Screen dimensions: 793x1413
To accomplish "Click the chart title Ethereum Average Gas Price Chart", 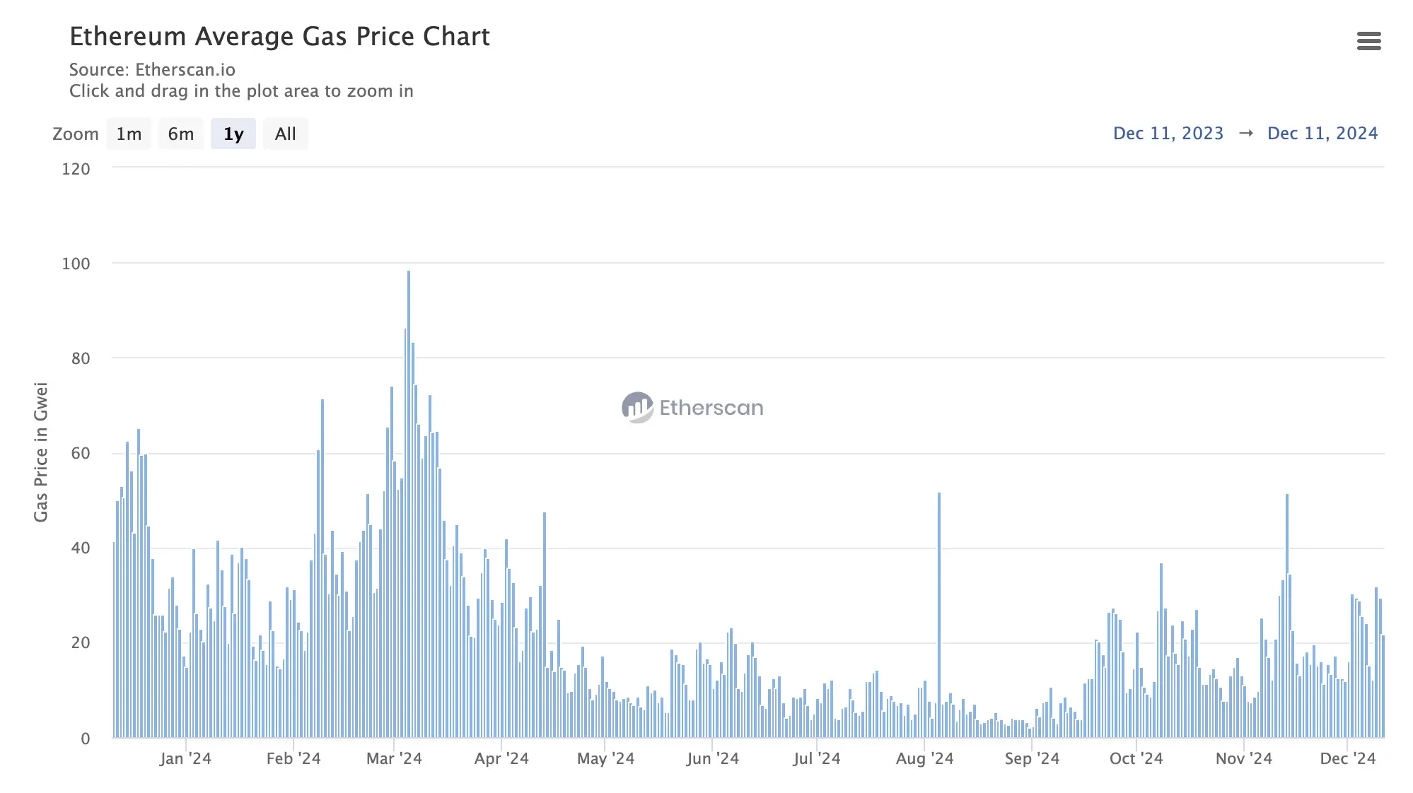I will [279, 37].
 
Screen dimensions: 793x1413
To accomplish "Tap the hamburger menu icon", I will [1368, 41].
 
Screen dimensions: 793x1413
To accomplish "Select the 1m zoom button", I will [129, 134].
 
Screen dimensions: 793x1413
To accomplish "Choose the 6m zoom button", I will [181, 134].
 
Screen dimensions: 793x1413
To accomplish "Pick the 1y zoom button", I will [233, 134].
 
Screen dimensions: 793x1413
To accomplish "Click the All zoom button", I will [286, 134].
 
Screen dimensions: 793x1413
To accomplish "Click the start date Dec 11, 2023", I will [1168, 134].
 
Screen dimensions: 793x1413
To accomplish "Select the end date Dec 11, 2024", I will [1322, 134].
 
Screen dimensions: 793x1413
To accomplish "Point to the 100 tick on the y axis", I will [76, 264].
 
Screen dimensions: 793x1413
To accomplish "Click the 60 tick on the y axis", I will [81, 453].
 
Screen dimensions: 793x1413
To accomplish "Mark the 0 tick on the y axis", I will [86, 739].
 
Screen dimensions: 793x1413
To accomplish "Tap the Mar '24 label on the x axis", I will [394, 759].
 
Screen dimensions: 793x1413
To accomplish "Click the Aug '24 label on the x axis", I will [924, 759].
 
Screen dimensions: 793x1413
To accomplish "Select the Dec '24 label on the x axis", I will [1347, 759].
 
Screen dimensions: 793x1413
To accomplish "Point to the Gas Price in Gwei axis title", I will [41, 452].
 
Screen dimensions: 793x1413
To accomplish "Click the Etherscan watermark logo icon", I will [637, 408].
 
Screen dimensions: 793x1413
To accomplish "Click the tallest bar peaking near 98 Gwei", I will [409, 495].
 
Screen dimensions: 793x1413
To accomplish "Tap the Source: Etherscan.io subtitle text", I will [152, 70].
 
